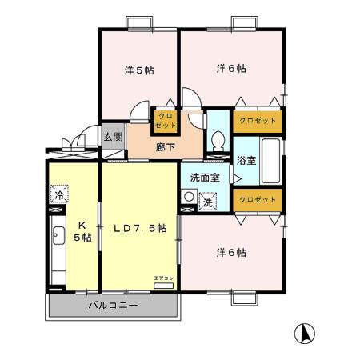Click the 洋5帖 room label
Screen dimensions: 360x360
(138, 70)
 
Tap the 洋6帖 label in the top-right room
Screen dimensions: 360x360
(231, 69)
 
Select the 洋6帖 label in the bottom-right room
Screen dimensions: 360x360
(231, 253)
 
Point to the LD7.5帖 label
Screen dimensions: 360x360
(139, 229)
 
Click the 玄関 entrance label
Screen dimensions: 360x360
(113, 137)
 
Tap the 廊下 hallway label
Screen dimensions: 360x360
(166, 148)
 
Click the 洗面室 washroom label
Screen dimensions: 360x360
(205, 178)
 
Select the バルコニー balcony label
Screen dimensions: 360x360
(113, 306)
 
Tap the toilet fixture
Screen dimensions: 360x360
(217, 142)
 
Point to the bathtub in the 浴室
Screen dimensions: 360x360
(269, 160)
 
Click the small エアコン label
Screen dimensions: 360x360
(162, 278)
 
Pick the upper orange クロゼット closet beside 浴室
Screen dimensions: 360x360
(258, 120)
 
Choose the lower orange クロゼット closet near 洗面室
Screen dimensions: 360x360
(258, 198)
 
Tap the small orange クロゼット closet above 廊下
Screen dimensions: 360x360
(166, 119)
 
